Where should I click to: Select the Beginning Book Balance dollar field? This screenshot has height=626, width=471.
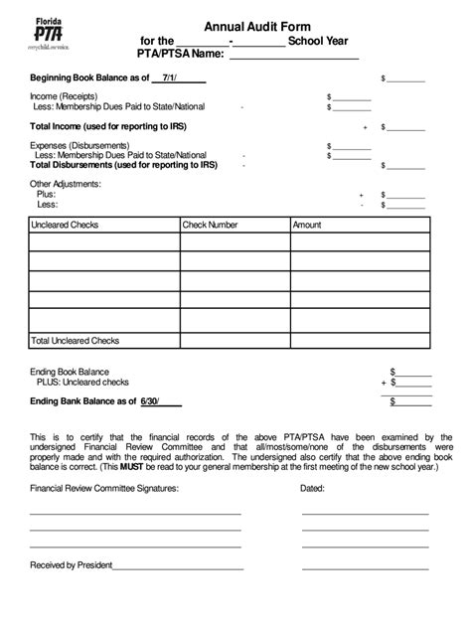tap(408, 78)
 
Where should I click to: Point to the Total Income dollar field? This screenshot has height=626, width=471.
tap(408, 127)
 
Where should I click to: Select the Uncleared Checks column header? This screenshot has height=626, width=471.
tap(66, 226)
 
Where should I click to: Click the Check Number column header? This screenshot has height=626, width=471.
tap(210, 226)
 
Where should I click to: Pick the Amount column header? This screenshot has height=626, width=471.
tap(307, 226)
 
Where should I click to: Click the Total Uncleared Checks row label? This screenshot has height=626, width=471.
tap(76, 341)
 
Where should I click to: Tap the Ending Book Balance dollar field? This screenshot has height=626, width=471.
tap(412, 371)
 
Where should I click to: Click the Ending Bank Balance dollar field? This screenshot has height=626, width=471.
tap(412, 401)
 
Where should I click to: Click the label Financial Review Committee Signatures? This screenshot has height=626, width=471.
tap(104, 489)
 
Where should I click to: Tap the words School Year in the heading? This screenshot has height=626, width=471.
tap(316, 41)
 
